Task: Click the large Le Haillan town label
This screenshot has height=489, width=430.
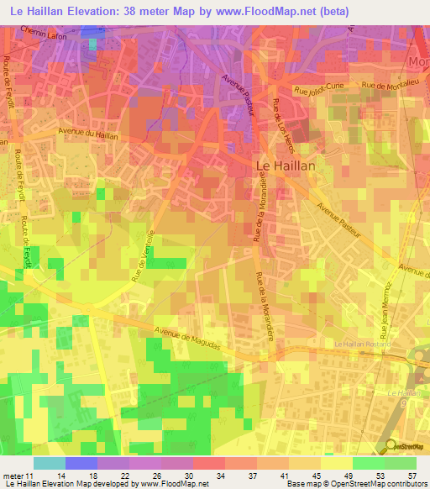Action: (285, 166)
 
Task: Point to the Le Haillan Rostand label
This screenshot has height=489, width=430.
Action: (363, 344)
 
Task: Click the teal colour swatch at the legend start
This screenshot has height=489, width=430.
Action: (49, 463)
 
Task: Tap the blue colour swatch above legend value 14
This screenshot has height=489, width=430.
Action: (81, 463)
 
